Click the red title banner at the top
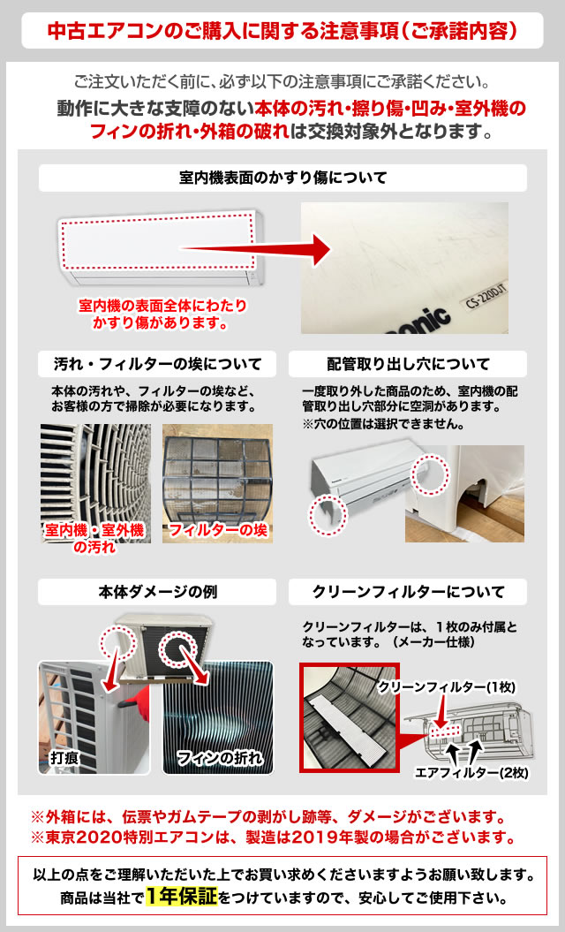pyautogui.click(x=282, y=30)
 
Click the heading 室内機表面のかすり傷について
pyautogui.click(x=282, y=178)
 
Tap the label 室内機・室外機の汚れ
pyautogui.click(x=94, y=538)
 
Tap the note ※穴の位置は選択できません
pyautogui.click(x=384, y=423)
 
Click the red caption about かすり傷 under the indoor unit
pyautogui.click(x=163, y=314)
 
